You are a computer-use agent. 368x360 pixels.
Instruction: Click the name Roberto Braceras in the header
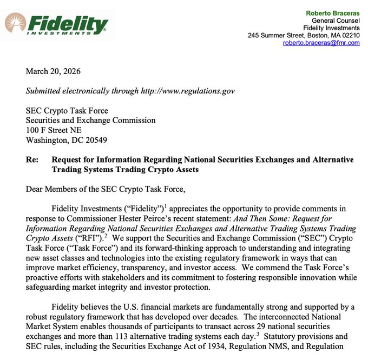coord(333,12)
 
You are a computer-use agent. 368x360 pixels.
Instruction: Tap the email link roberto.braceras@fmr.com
coord(321,43)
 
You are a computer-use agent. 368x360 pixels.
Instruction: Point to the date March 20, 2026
coord(53,71)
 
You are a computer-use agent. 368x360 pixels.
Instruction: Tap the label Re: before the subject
coord(32,159)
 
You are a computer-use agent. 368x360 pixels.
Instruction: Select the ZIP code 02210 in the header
coord(349,35)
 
